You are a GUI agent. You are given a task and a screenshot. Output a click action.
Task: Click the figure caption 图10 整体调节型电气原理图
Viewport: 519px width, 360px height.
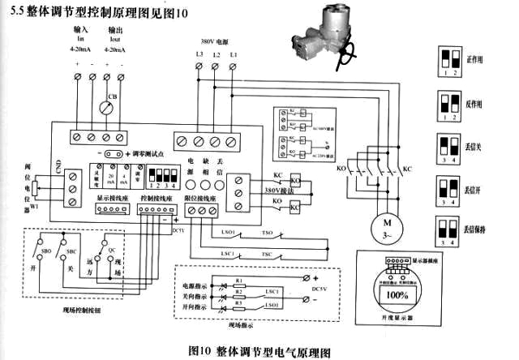point(259,351)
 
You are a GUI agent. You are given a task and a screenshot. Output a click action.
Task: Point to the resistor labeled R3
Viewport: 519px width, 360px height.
point(240,302)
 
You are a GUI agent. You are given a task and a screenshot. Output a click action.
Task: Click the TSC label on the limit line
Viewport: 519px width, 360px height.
point(266,254)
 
